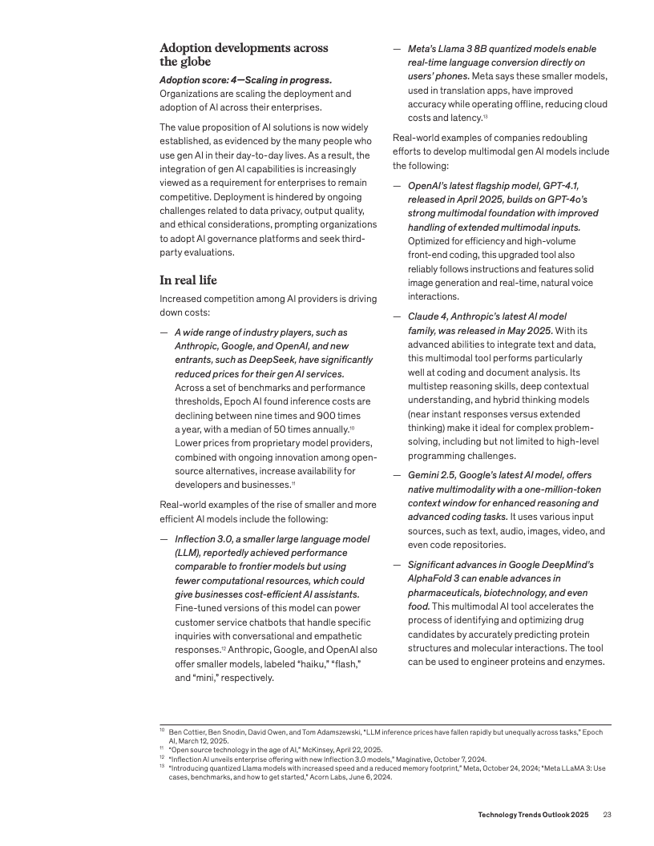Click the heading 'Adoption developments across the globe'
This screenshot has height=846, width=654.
(x=244, y=54)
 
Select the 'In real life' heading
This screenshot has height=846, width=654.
(x=188, y=280)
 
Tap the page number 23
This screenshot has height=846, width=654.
(x=608, y=815)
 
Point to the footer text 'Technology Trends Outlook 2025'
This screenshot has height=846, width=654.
(x=533, y=815)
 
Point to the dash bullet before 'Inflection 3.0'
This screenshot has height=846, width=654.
(x=163, y=539)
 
